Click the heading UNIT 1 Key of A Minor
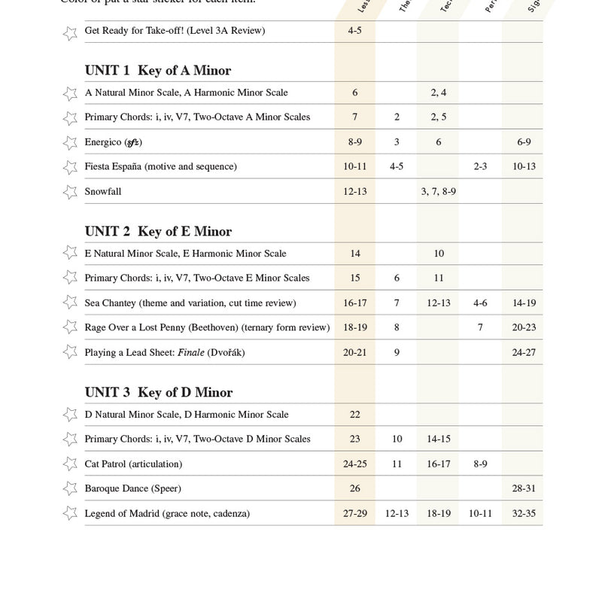click(x=158, y=71)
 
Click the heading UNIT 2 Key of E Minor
click(x=158, y=232)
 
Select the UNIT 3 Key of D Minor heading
click(x=159, y=393)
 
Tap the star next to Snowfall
click(x=70, y=192)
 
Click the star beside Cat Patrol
click(x=70, y=464)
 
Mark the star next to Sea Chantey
click(x=70, y=303)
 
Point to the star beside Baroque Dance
click(x=70, y=489)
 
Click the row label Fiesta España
click(x=160, y=166)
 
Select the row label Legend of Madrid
click(x=167, y=514)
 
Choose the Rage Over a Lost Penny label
click(x=207, y=327)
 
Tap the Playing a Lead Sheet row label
click(x=165, y=352)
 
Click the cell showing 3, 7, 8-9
click(x=439, y=192)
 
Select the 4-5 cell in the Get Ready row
click(x=355, y=32)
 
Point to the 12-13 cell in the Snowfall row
click(x=355, y=192)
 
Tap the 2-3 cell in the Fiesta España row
click(x=481, y=166)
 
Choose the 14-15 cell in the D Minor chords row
click(x=439, y=439)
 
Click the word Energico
click(x=103, y=142)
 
